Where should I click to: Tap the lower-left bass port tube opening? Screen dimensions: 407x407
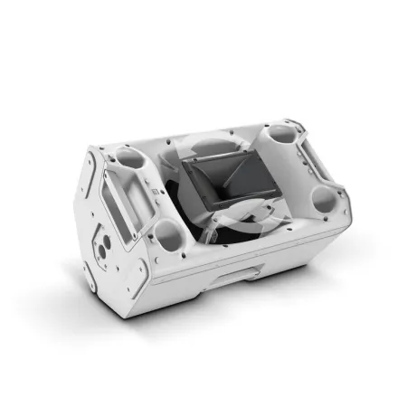point(169,238)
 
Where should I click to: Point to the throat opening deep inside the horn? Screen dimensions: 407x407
point(217,181)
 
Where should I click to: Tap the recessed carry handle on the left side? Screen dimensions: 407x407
point(124,203)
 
